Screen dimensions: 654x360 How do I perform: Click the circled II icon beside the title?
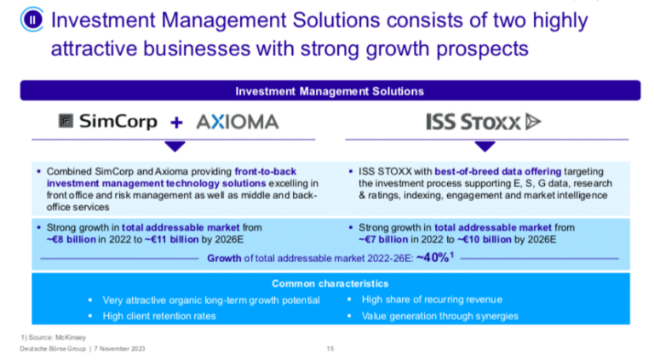[32, 20]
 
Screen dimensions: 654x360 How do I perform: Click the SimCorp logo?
[107, 121]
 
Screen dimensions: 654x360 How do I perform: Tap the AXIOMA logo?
[238, 122]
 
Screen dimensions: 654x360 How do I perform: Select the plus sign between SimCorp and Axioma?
[176, 122]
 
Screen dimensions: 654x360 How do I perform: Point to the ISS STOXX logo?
[484, 122]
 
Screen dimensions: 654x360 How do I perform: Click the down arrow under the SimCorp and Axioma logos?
[175, 146]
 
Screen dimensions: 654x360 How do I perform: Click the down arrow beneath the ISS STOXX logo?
[485, 146]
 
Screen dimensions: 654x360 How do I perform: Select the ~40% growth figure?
[435, 258]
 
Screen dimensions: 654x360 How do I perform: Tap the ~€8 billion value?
[72, 240]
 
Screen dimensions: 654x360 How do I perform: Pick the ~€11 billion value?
[171, 240]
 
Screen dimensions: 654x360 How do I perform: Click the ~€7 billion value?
[383, 240]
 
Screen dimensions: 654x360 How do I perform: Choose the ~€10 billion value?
[485, 240]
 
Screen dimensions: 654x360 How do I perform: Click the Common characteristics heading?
[330, 283]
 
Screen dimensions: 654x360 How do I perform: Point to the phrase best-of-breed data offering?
[498, 171]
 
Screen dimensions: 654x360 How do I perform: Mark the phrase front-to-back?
[266, 171]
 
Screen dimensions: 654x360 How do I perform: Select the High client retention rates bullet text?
[159, 317]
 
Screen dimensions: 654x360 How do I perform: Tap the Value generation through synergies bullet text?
[440, 317]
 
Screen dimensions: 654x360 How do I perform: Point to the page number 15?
[330, 348]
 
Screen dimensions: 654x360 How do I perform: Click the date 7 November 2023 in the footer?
[119, 348]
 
